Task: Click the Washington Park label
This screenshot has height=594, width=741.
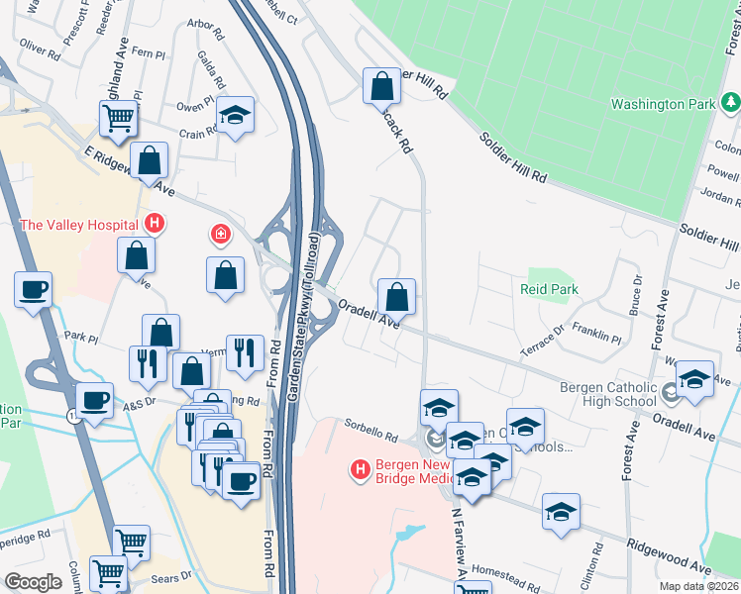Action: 663,104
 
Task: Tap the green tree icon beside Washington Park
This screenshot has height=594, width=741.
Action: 730,102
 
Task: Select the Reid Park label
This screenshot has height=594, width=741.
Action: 548,290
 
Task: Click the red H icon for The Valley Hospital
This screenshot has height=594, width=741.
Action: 154,224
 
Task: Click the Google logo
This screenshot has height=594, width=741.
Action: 34,581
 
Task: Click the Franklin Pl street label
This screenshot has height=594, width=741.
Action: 596,338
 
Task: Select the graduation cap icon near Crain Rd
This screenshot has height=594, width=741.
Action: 236,115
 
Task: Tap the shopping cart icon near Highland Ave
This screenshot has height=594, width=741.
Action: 118,118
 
